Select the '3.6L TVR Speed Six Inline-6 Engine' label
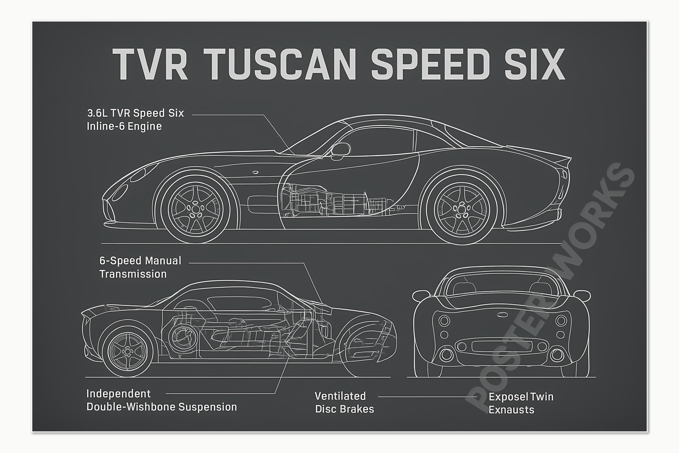click(135, 120)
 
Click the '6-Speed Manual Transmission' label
click(140, 267)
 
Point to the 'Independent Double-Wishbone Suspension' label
click(161, 400)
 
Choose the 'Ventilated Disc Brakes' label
click(344, 402)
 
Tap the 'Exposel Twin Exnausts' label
click(521, 403)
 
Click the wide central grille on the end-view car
click(502, 346)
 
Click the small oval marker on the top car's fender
click(256, 172)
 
